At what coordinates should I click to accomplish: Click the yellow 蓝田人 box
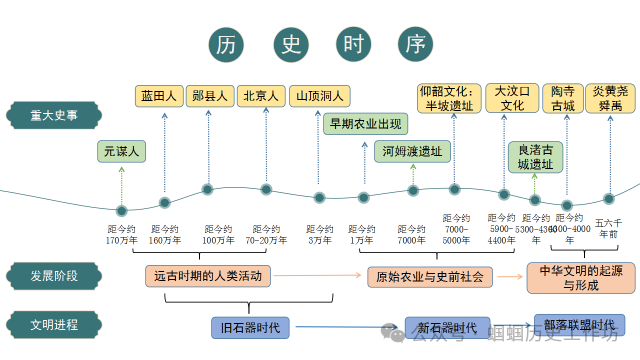pyautogui.click(x=159, y=96)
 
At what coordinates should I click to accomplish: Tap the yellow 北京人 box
pyautogui.click(x=263, y=96)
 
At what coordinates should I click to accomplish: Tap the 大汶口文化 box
pyautogui.click(x=512, y=97)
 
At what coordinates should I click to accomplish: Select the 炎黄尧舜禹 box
pyautogui.click(x=608, y=97)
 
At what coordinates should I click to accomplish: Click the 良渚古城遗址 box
pyautogui.click(x=530, y=156)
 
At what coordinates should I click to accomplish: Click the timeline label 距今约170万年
pyautogui.click(x=122, y=233)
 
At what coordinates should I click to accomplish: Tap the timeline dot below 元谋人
pyautogui.click(x=122, y=210)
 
